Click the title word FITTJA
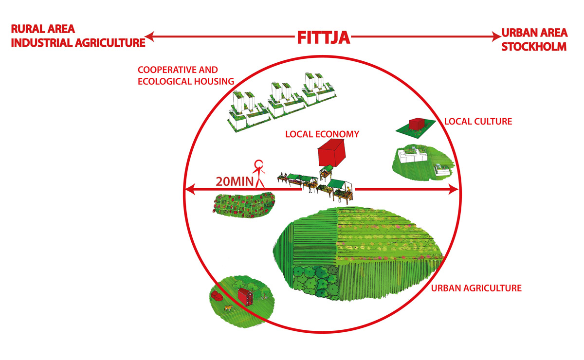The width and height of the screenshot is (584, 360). (324, 37)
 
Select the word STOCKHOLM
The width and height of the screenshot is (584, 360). (534, 47)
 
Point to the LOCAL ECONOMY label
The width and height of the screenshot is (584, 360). (322, 134)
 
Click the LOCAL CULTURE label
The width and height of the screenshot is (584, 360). (478, 121)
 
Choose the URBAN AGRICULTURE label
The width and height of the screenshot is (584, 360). (476, 288)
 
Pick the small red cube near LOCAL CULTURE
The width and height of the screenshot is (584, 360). (417, 125)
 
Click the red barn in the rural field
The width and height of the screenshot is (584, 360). (246, 295)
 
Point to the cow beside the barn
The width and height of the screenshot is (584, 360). (228, 308)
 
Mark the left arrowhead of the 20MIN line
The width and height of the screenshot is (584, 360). (189, 189)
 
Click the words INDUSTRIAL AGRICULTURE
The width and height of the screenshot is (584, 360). (78, 43)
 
